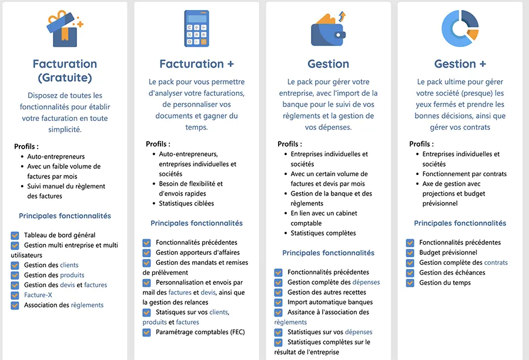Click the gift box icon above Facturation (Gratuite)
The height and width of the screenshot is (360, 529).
(64, 29)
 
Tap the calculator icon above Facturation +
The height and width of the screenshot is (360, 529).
(196, 28)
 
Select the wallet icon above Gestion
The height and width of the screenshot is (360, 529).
(328, 29)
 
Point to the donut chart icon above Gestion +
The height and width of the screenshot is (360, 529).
(460, 28)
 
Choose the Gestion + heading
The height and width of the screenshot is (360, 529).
(460, 63)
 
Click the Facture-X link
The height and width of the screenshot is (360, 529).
(38, 295)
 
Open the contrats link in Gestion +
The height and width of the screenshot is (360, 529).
(496, 263)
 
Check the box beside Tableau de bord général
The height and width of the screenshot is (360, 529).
(15, 235)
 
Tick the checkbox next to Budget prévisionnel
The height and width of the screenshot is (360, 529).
(410, 253)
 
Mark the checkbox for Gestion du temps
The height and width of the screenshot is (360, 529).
(410, 282)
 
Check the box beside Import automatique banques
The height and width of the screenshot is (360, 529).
(279, 302)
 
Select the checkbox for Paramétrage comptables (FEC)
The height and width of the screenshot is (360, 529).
(147, 332)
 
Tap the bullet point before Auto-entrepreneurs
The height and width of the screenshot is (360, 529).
(22, 157)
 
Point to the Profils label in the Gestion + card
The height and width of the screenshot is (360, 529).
(420, 144)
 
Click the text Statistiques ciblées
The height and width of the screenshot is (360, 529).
(186, 203)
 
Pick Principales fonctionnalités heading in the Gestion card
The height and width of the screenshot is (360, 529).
(328, 253)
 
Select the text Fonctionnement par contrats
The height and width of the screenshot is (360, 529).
(464, 174)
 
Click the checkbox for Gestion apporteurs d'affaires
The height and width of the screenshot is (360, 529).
(147, 253)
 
